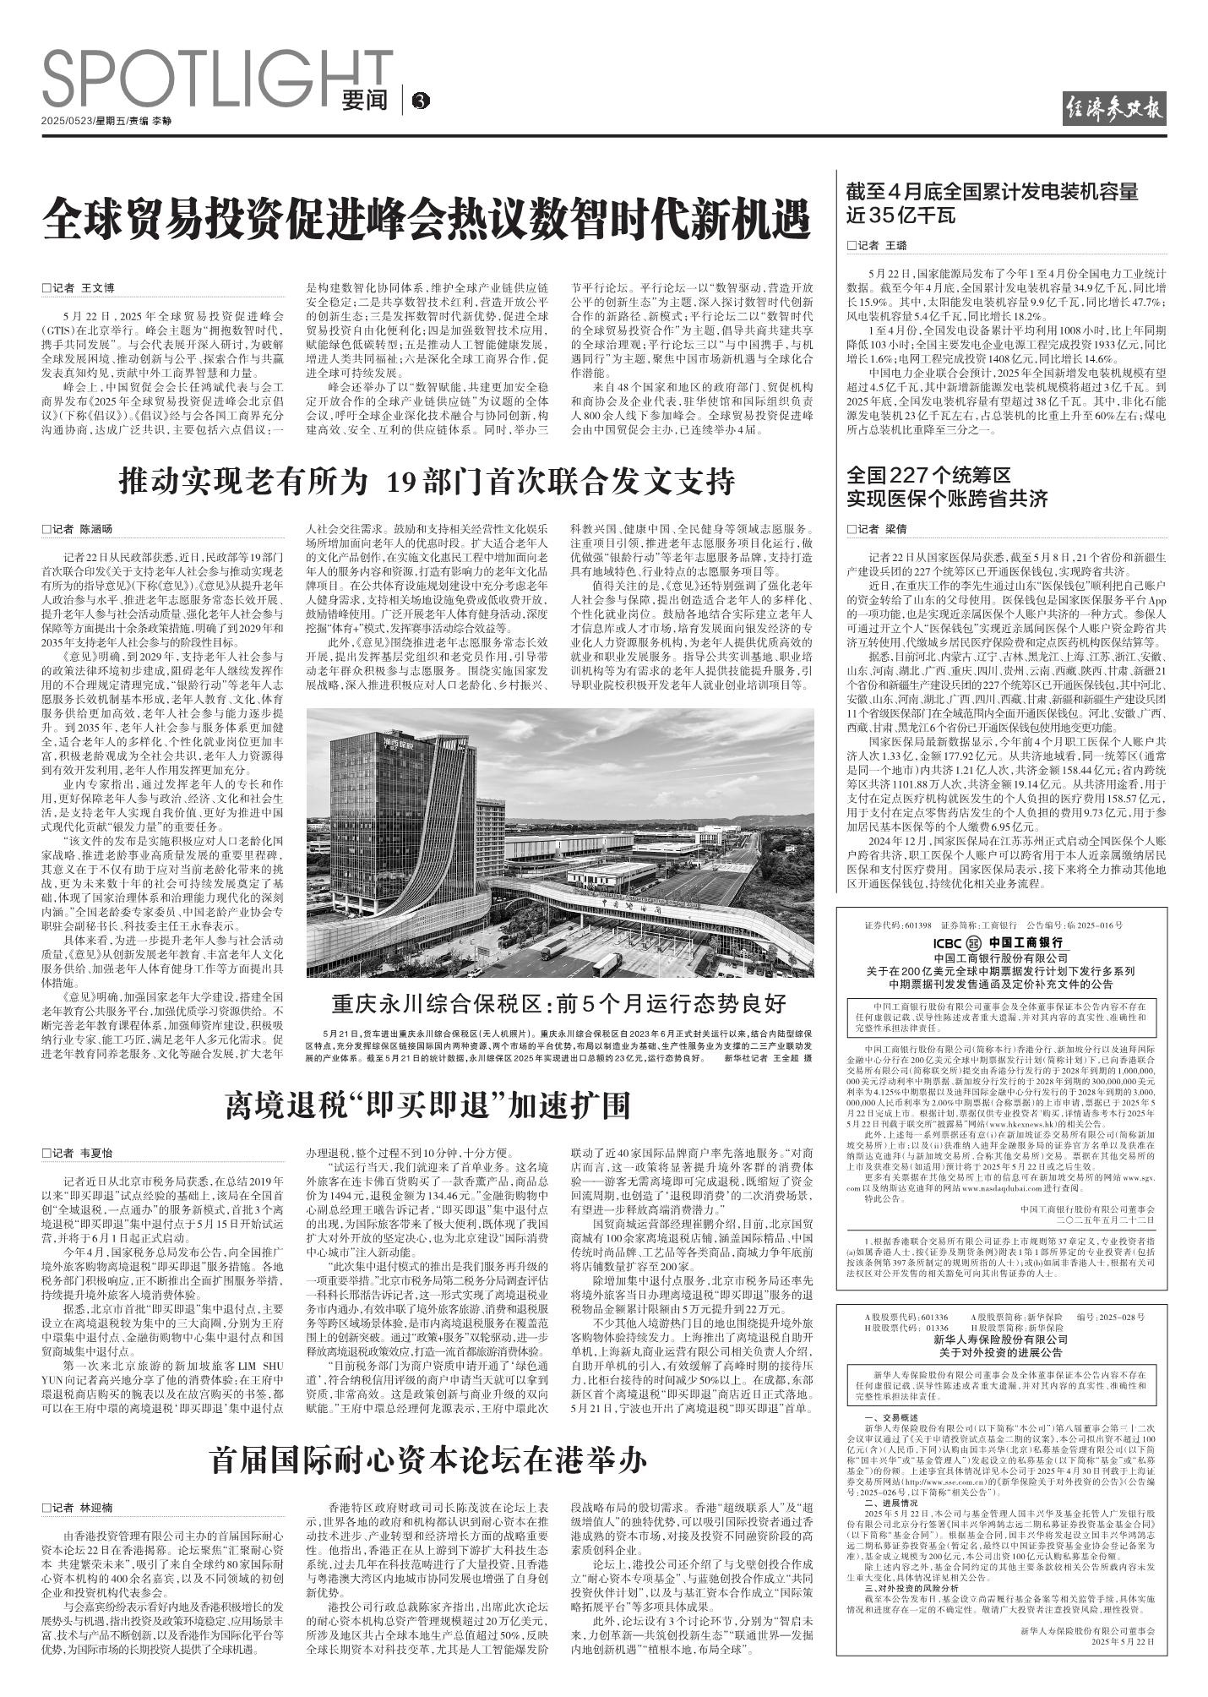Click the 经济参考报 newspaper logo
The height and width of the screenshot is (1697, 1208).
[x=1114, y=109]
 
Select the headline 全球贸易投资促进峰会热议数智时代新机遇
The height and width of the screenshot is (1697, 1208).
[x=427, y=218]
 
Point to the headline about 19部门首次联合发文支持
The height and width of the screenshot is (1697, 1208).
[x=427, y=483]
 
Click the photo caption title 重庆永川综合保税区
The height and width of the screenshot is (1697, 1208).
[x=558, y=1005]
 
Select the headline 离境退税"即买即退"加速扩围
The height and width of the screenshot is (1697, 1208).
[x=427, y=1105]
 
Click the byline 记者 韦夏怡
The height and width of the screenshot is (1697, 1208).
[x=78, y=1153]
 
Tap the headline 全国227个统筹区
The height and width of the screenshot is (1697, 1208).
[x=929, y=475]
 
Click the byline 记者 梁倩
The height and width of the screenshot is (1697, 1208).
[x=877, y=529]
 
